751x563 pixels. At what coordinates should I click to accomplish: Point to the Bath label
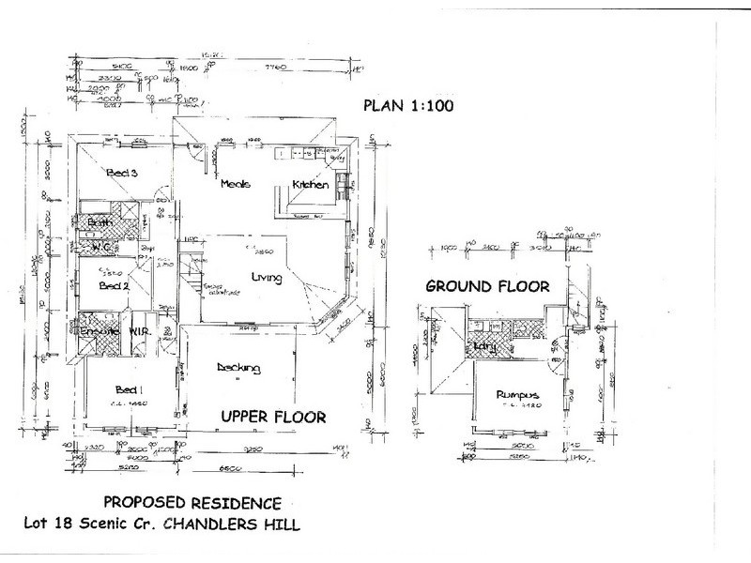[x=100, y=222]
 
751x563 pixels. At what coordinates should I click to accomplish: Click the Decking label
[x=238, y=368]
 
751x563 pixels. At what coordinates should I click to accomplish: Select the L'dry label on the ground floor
[x=485, y=347]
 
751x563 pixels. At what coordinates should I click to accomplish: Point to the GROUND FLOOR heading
[x=486, y=286]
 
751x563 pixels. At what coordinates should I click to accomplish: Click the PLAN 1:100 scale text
[x=408, y=106]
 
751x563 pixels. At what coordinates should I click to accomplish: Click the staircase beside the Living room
[x=194, y=279]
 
